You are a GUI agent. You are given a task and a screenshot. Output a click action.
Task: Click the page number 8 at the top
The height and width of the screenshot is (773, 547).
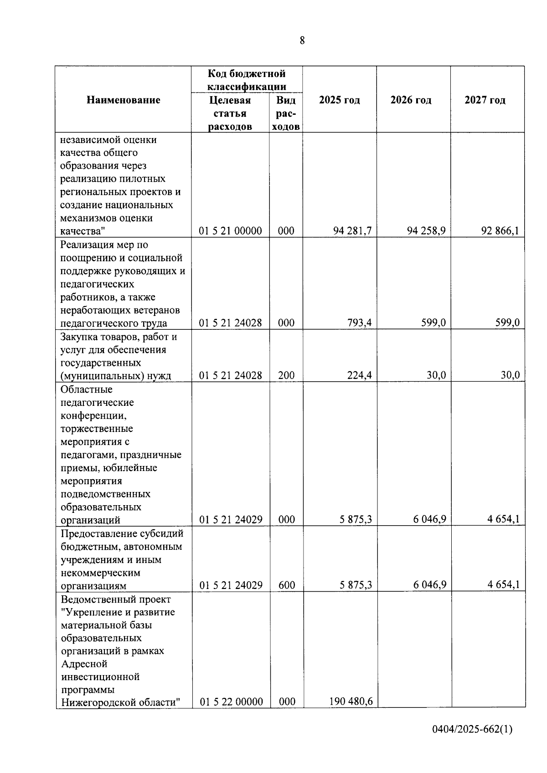pyautogui.click(x=302, y=41)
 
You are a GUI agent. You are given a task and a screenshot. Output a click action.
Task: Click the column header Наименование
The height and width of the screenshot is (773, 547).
pyautogui.click(x=124, y=100)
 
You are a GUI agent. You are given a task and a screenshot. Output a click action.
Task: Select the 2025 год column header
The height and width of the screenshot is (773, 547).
pyautogui.click(x=340, y=100)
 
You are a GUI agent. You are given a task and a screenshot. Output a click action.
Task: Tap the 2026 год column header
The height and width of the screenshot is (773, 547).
pyautogui.click(x=411, y=100)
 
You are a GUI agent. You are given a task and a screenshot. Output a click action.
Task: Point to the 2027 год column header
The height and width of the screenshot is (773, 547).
pyautogui.click(x=485, y=100)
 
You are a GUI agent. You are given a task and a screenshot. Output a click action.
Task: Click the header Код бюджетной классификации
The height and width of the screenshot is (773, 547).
pyautogui.click(x=247, y=80)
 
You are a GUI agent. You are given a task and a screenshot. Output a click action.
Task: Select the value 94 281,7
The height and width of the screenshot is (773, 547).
pyautogui.click(x=352, y=231)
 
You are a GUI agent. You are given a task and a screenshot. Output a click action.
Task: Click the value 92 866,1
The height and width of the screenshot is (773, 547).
pyautogui.click(x=500, y=231)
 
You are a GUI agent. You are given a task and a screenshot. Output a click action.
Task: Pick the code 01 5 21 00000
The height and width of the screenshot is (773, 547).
pyautogui.click(x=231, y=231)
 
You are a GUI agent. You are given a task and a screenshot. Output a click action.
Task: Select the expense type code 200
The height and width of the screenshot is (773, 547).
pyautogui.click(x=286, y=376)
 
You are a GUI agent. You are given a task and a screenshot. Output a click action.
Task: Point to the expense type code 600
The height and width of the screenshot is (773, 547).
pyautogui.click(x=286, y=585)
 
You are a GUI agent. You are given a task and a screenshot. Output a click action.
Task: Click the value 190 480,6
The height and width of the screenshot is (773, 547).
pyautogui.click(x=351, y=701)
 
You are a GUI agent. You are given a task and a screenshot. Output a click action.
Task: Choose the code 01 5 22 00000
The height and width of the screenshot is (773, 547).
pyautogui.click(x=231, y=702)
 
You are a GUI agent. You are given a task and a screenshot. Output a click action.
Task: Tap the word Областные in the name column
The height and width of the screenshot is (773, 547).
pyautogui.click(x=86, y=389)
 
